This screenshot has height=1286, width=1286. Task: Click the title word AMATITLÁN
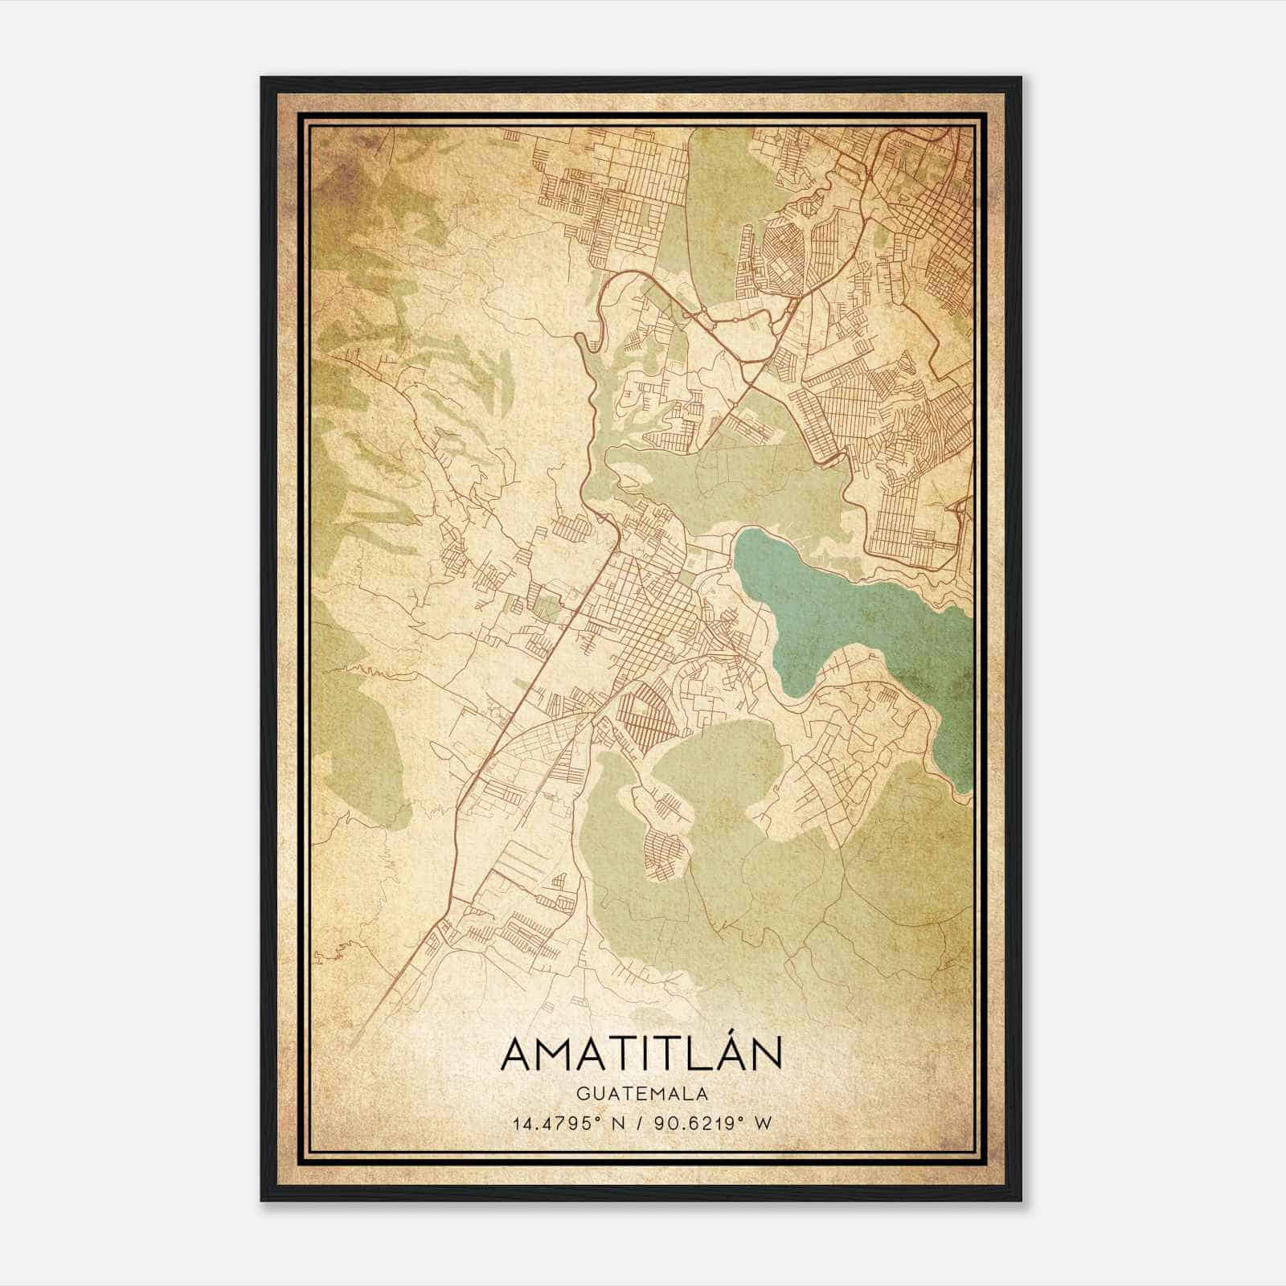642,1054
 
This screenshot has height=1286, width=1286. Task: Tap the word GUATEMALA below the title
642,1094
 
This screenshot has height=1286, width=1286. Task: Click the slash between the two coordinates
641,1123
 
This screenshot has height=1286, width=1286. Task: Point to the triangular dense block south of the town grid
647,715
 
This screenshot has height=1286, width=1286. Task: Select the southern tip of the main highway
354,1045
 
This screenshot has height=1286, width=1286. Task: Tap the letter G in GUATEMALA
581,1094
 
